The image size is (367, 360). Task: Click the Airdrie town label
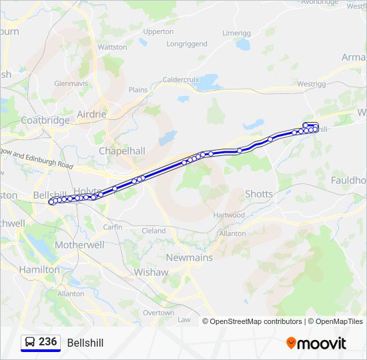91,114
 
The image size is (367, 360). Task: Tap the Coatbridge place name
45,120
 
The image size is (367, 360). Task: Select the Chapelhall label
122,151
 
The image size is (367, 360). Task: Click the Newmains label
189,257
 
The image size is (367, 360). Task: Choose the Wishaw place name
151,272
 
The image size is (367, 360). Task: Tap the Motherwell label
79,245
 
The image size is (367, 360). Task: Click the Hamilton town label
39,269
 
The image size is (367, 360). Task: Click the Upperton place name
158,31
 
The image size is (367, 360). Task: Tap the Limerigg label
236,33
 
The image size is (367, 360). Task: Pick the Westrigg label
312,84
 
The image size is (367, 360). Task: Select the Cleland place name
153,231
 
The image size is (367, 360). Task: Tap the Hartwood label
229,215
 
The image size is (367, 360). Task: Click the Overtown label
158,313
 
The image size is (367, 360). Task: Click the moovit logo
316,343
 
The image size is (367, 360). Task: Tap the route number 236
47,342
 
